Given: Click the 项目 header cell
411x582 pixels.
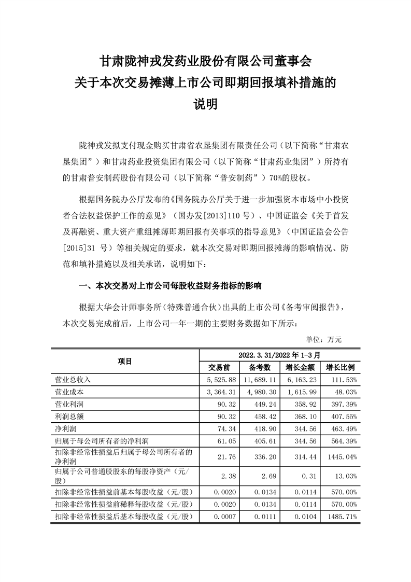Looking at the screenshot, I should click(125, 361).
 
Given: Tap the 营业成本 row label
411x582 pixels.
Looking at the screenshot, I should click(66, 392).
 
